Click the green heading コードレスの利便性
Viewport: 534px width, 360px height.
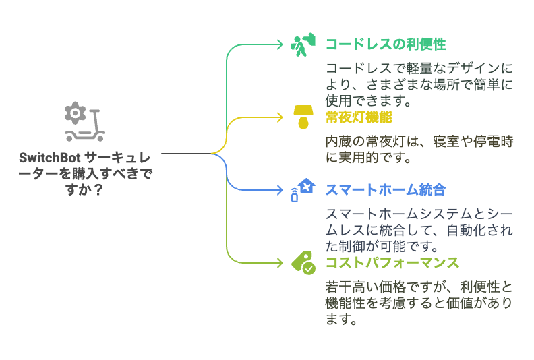[x=386, y=44]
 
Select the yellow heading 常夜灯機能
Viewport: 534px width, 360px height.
[x=359, y=117]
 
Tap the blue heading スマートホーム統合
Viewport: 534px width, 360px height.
[x=386, y=190]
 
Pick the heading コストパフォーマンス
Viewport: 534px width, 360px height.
[x=392, y=263]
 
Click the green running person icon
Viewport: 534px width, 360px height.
[x=303, y=44]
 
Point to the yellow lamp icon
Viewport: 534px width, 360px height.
[x=303, y=117]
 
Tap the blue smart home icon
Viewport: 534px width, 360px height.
[x=303, y=190]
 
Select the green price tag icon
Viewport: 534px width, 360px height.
[x=303, y=263]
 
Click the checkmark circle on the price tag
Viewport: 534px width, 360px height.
[x=309, y=269]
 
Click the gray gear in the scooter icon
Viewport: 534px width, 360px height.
[x=76, y=113]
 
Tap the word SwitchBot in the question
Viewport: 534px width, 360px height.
[x=50, y=158]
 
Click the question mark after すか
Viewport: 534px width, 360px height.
[x=98, y=189]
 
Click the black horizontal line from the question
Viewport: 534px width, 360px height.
[x=186, y=154]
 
